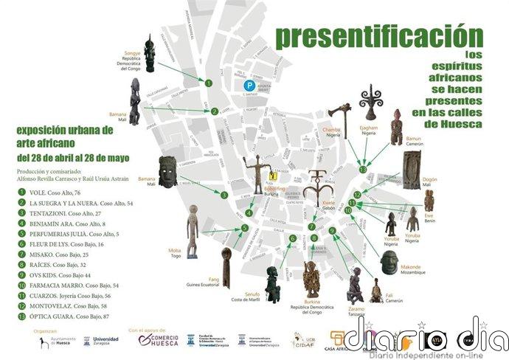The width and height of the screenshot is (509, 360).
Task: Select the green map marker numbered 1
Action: coord(209,84)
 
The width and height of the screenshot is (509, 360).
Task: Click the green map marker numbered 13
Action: coord(363,170)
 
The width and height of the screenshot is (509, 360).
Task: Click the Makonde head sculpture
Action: coord(389,262)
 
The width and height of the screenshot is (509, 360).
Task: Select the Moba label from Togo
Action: coord(175,253)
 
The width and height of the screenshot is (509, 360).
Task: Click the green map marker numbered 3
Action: coord(224,195)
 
